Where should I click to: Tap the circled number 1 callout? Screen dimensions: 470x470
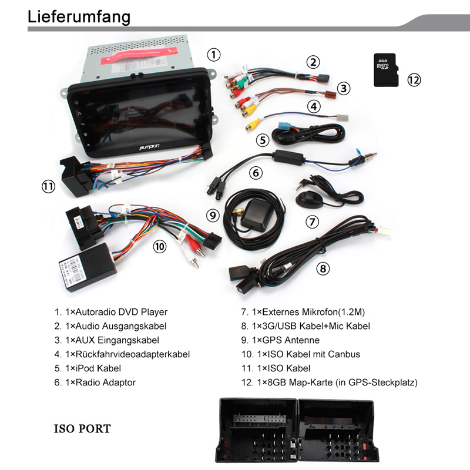[214, 55]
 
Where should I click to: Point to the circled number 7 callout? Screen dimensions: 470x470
[312, 222]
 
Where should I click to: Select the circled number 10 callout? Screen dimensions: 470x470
[160, 247]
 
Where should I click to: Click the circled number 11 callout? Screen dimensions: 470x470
[48, 187]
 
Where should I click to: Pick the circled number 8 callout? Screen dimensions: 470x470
[323, 268]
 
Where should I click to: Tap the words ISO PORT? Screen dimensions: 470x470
[82, 428]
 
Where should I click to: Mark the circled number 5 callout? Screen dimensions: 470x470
[262, 140]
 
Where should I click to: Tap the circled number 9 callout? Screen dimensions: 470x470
[213, 215]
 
